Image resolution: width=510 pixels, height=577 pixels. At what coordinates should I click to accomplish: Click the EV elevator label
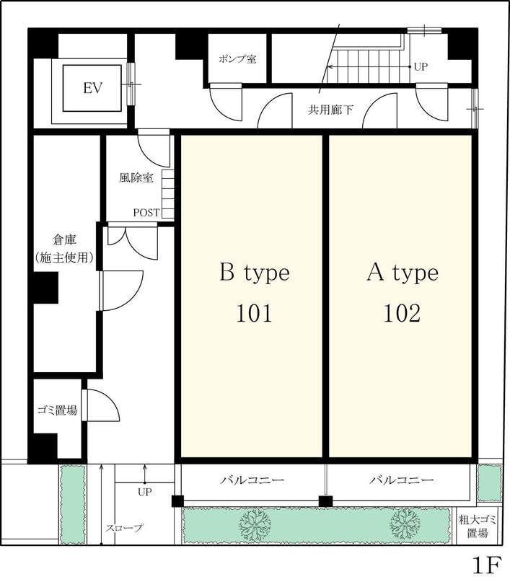pyautogui.click(x=92, y=88)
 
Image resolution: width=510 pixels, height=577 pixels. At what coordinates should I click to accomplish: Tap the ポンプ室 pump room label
pyautogui.click(x=237, y=59)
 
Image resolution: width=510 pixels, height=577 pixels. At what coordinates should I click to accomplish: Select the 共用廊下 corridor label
pyautogui.click(x=331, y=110)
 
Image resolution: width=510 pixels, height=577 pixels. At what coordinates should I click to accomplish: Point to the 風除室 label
pyautogui.click(x=136, y=178)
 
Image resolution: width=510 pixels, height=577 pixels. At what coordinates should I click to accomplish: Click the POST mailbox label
pyautogui.click(x=146, y=213)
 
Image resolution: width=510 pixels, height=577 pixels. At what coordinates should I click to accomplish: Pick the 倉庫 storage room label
pyautogui.click(x=64, y=240)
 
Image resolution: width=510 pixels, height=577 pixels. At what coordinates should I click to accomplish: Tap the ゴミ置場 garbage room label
pyautogui.click(x=58, y=410)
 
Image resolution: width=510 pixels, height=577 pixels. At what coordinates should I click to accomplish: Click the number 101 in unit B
pyautogui.click(x=254, y=314)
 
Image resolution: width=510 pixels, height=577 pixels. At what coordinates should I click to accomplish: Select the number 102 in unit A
pyautogui.click(x=402, y=314)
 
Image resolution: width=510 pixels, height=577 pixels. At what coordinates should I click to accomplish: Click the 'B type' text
pyautogui.click(x=255, y=273)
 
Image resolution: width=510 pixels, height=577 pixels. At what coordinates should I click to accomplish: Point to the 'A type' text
pyautogui.click(x=403, y=273)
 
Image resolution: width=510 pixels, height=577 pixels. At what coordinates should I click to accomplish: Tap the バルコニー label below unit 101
pyautogui.click(x=252, y=480)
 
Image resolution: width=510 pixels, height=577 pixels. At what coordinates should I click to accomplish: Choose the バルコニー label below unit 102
pyautogui.click(x=402, y=480)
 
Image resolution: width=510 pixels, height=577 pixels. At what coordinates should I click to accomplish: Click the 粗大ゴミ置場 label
pyautogui.click(x=478, y=527)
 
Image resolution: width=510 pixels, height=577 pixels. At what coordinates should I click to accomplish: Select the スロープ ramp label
pyautogui.click(x=124, y=528)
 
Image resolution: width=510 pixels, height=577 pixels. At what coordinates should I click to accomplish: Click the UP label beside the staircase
pyautogui.click(x=421, y=67)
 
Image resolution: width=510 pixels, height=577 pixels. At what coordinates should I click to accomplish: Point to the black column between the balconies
pyautogui.click(x=325, y=501)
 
